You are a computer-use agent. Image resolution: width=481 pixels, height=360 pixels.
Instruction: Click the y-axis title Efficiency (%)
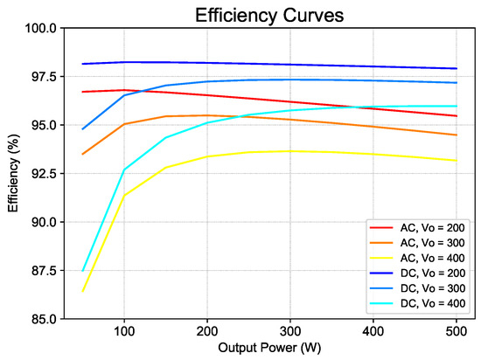pos(12,174)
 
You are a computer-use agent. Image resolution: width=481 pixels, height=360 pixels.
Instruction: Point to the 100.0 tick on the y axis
pos(41,28)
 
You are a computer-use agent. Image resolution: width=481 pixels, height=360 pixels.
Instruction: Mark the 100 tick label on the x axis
pos(124,332)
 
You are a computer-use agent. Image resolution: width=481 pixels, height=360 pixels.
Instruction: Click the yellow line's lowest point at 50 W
pos(83,291)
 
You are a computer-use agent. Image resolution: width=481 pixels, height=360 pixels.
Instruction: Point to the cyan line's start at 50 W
pos(83,270)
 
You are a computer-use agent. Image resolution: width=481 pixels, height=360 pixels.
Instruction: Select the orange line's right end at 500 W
pos(456,135)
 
